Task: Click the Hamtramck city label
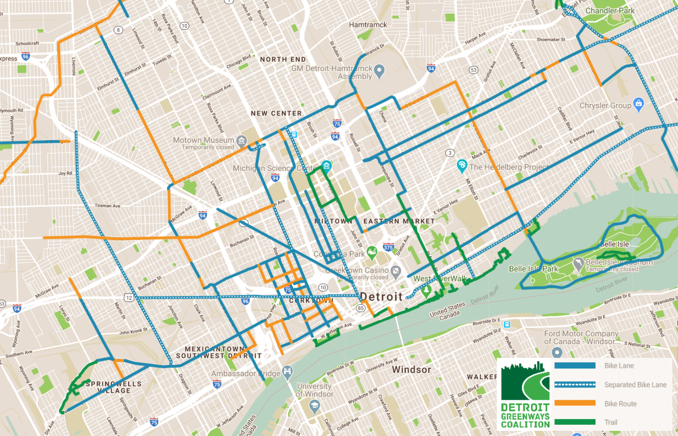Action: tap(368, 25)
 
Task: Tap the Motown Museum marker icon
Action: tap(242, 140)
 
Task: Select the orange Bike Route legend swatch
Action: tap(574, 403)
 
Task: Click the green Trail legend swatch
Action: tap(574, 422)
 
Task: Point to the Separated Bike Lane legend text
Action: tap(635, 385)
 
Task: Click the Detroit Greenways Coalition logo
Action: tap(525, 394)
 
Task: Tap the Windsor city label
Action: tap(411, 369)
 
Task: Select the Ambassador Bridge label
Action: tap(246, 374)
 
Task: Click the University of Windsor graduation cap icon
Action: tap(314, 405)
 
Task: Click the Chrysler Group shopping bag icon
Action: tap(638, 105)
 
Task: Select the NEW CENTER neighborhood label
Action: tap(276, 113)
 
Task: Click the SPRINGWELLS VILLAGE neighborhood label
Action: tap(108, 387)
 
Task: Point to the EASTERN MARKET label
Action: tap(399, 221)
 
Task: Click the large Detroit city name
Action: tap(381, 296)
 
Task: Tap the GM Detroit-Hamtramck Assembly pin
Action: tap(379, 71)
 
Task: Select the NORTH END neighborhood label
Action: tap(283, 59)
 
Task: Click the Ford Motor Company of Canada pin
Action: tap(558, 353)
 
